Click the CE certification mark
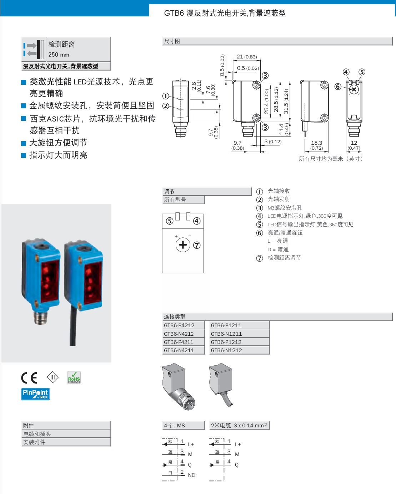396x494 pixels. point(29,378)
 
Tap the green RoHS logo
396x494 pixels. point(74,377)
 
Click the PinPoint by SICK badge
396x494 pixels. point(35,394)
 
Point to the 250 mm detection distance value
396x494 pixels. point(59,55)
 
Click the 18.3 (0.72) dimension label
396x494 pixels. point(316,145)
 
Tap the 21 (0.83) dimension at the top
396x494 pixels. point(246,57)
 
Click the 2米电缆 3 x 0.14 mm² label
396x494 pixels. point(239,426)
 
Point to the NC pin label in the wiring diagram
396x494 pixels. point(191,475)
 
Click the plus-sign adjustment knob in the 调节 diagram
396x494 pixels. point(183,245)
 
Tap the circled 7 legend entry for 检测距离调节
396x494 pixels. point(260,258)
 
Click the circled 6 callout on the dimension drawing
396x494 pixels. point(338,87)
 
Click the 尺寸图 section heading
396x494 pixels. point(172,41)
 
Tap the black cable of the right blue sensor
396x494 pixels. point(73,328)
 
